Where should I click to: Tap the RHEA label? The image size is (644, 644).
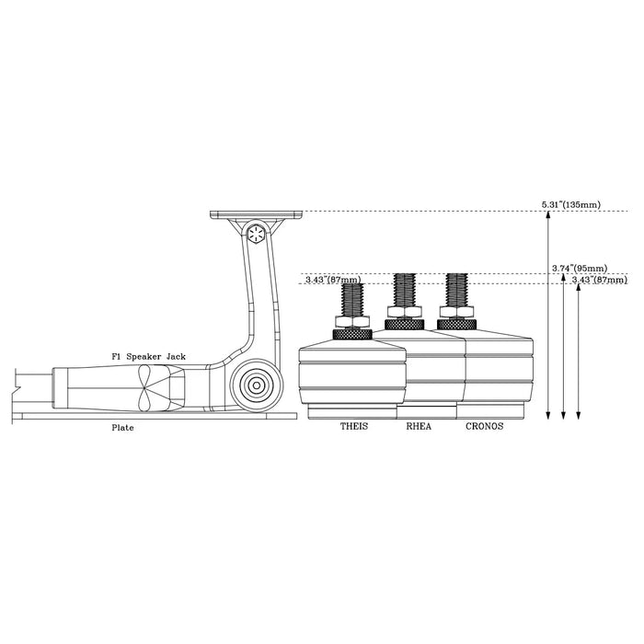click(420, 427)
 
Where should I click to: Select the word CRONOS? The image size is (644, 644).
click(484, 427)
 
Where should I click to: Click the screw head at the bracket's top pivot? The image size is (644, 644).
click(257, 235)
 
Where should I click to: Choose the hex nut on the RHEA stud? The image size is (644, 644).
click(404, 313)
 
